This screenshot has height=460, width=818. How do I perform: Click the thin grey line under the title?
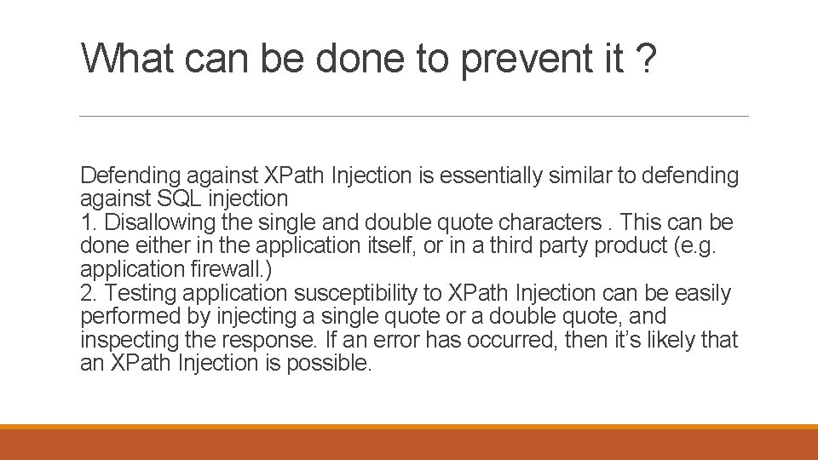pos(413,117)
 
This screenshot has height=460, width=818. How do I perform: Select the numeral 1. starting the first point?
pos(89,223)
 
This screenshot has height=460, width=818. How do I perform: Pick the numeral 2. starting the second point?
pos(89,294)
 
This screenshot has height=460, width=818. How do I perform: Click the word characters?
pos(550,223)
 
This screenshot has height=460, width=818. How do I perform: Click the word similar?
pos(579,176)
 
